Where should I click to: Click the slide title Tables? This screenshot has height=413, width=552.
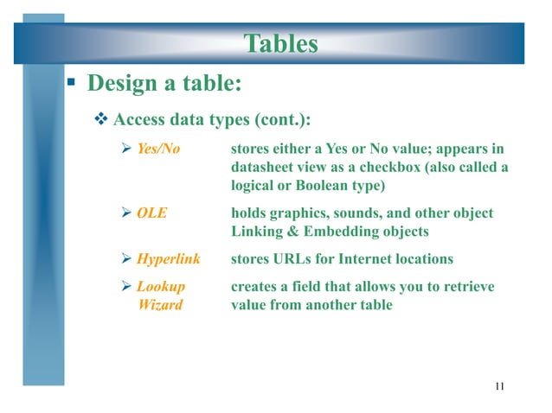[279, 43]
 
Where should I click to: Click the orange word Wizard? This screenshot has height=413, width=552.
[160, 304]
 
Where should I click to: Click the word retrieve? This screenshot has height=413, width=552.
[467, 286]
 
